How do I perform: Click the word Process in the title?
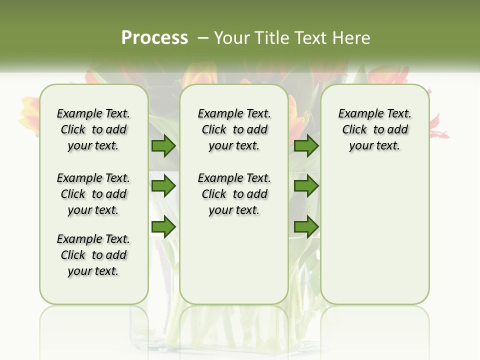click(x=154, y=37)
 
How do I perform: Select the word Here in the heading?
click(x=352, y=37)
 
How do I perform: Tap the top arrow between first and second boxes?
click(x=163, y=146)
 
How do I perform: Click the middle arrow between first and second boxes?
click(x=163, y=186)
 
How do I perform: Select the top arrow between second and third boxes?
click(x=306, y=146)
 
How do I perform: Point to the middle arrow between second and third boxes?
click(x=306, y=186)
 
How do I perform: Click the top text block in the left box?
click(x=93, y=129)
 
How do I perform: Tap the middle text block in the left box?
click(x=93, y=194)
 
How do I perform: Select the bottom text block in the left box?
click(x=93, y=255)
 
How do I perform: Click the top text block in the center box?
click(x=234, y=129)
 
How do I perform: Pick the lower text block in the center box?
click(x=234, y=194)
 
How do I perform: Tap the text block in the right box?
click(x=374, y=129)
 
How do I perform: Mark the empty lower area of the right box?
click(x=374, y=235)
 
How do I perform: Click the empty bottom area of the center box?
click(x=234, y=265)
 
